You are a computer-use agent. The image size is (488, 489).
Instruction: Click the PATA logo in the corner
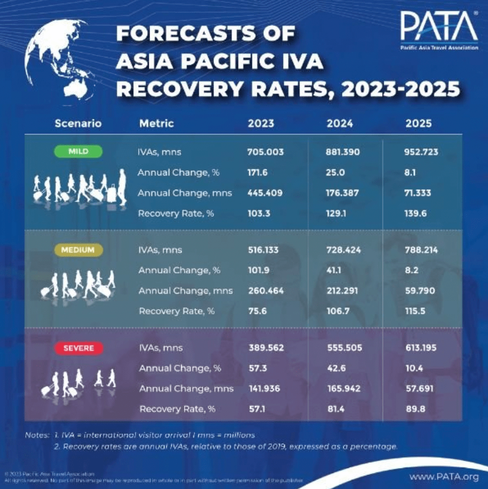pyautogui.click(x=439, y=30)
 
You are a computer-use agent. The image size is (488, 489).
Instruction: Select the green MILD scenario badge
pyautogui.click(x=78, y=152)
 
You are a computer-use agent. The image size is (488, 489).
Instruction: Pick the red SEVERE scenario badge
pyautogui.click(x=78, y=348)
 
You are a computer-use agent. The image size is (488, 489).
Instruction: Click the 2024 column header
pyautogui.click(x=340, y=124)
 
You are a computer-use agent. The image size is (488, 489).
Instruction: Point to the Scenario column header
pyautogui.click(x=78, y=124)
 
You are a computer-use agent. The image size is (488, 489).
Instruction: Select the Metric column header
pyautogui.click(x=156, y=124)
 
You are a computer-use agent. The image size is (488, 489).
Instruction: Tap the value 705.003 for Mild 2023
pyautogui.click(x=265, y=152)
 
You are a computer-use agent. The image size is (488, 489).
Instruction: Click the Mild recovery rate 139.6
pyautogui.click(x=416, y=213)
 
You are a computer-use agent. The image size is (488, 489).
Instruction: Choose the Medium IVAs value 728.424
pyautogui.click(x=343, y=250)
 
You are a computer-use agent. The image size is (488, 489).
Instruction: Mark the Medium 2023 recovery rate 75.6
pyautogui.click(x=258, y=311)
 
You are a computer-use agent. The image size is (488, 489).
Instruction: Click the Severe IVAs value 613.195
pyautogui.click(x=421, y=348)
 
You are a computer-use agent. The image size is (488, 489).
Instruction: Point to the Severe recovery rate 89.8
pyautogui.click(x=415, y=409)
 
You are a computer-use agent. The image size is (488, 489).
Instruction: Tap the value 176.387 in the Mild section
pyautogui.click(x=343, y=193)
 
